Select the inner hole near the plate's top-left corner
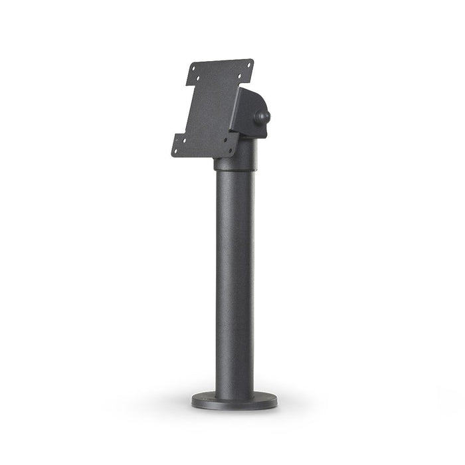point(198,78)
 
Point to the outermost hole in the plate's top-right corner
point(249,64)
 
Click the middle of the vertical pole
point(233,279)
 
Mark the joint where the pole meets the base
point(233,392)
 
